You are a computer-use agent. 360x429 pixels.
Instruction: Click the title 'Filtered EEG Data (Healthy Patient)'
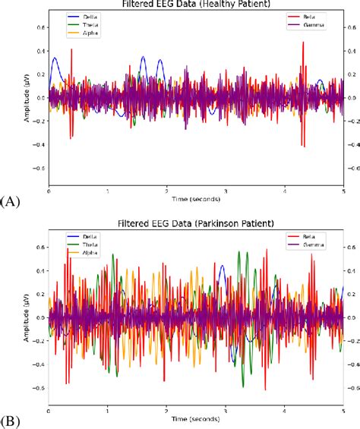[196, 4]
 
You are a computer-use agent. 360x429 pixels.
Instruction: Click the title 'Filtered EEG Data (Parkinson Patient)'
[196, 225]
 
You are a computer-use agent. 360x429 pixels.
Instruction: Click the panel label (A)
[11, 201]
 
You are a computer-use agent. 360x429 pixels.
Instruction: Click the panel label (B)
[11, 420]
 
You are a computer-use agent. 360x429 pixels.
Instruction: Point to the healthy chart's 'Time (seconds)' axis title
[196, 199]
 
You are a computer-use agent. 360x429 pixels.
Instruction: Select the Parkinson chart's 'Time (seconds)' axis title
[196, 418]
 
